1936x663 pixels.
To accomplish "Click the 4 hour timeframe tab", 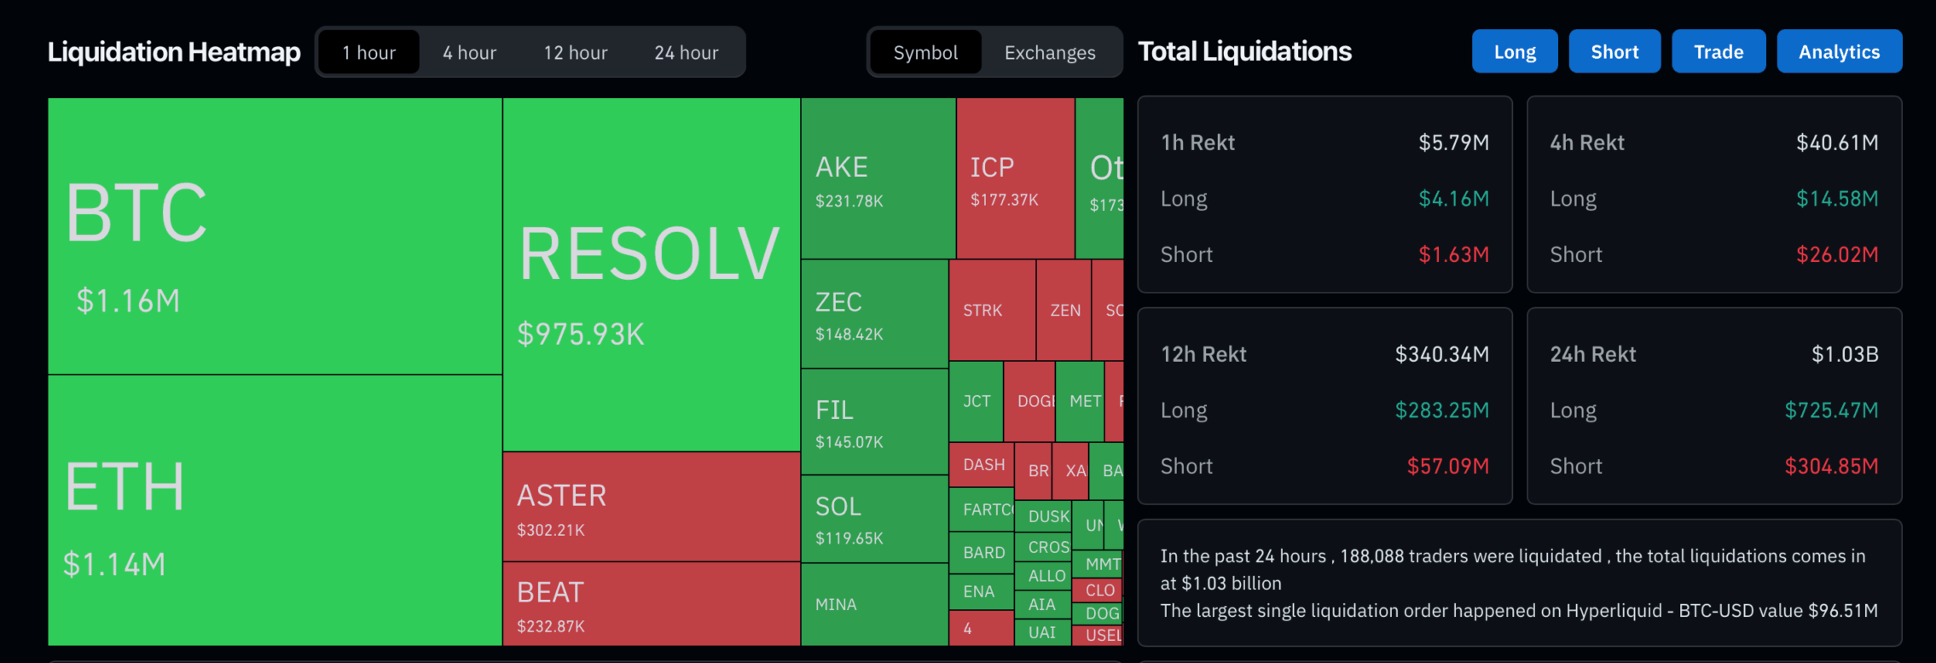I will click(469, 53).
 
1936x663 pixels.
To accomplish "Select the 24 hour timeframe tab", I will click(686, 53).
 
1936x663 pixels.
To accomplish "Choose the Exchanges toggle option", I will click(1049, 53).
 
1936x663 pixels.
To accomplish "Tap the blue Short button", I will click(1614, 52).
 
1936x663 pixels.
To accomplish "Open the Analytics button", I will click(1839, 52).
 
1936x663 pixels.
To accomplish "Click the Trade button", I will click(1718, 52).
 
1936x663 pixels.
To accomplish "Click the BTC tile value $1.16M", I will click(128, 301).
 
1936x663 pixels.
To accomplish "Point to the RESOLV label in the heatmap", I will click(649, 254).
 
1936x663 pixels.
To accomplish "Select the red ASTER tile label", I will click(561, 496).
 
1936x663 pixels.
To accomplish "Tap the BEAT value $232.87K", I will click(551, 626).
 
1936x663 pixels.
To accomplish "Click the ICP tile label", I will click(992, 167).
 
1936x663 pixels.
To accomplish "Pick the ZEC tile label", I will click(838, 302).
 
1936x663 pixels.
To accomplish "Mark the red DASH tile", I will click(983, 465).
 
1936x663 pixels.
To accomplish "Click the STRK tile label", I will click(982, 311).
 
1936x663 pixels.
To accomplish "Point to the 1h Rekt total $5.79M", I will click(1453, 142).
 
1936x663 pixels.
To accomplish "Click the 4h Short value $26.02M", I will click(1836, 254).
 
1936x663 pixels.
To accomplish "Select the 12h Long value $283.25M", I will click(1441, 410).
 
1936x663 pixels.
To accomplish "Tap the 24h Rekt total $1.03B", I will click(1844, 354).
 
